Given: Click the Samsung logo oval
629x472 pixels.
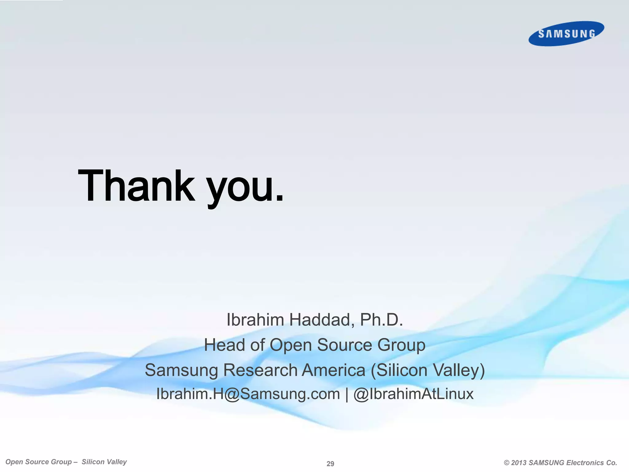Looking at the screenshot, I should click(566, 33).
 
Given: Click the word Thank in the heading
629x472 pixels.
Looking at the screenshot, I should click(136, 186).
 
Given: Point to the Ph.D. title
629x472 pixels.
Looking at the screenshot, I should click(381, 320).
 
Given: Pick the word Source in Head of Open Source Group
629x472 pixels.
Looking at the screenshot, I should click(345, 345).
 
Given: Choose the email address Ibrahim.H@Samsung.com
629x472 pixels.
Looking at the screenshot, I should click(248, 394).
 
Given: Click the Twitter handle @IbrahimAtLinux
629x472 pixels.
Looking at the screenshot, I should click(413, 394).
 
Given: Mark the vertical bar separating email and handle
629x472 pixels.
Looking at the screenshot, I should click(347, 395).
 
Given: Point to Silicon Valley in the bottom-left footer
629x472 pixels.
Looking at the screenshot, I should click(104, 462).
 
